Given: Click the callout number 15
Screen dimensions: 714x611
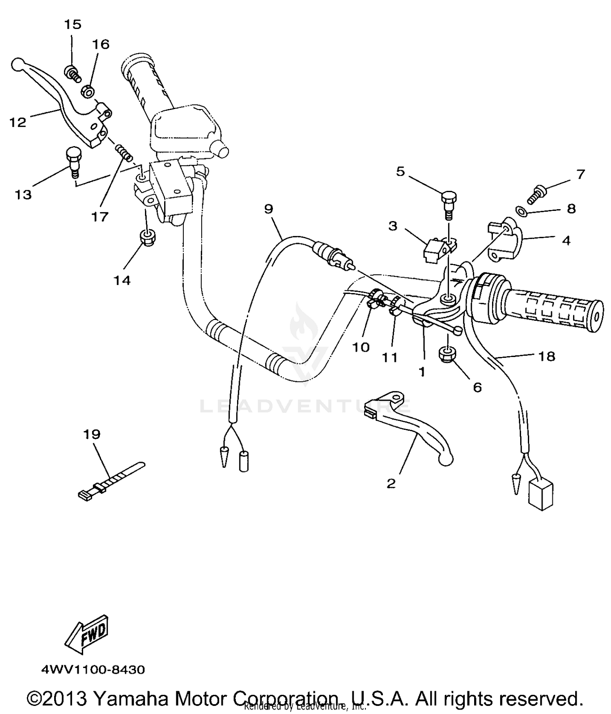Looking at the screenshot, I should [73, 25].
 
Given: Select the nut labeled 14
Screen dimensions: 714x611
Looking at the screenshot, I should [146, 237].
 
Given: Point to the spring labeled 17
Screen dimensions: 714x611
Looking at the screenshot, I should [123, 152].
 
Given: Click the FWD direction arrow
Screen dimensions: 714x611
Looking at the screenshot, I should [86, 635].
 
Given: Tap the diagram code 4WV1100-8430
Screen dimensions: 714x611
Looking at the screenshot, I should [93, 670].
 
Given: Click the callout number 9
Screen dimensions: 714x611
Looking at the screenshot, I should [268, 209].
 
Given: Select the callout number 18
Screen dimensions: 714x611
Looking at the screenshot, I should [547, 357].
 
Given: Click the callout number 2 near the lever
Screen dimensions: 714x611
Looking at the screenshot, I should [391, 484].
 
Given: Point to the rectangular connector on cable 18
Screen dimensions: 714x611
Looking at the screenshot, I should [540, 494].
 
